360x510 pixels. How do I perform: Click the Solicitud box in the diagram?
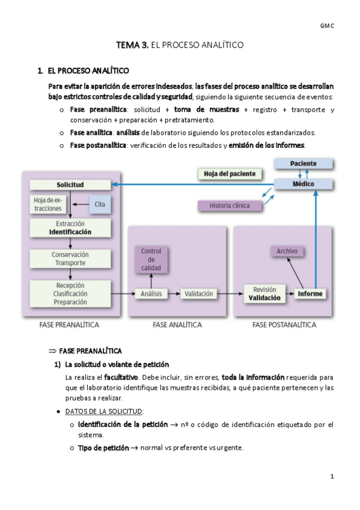click(70, 185)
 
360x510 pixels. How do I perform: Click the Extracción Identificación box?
click(70, 227)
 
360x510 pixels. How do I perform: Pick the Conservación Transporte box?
click(70, 259)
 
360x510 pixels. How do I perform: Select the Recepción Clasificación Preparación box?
click(70, 293)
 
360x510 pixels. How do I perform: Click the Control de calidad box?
click(151, 259)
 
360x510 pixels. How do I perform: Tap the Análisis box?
click(151, 294)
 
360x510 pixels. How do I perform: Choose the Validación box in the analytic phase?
click(199, 294)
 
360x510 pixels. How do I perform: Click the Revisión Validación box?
click(264, 293)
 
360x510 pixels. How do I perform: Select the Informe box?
click(310, 294)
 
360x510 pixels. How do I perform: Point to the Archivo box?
click(287, 251)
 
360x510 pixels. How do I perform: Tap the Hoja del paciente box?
click(230, 174)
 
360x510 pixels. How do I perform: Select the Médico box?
click(304, 184)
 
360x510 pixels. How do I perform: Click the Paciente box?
click(304, 164)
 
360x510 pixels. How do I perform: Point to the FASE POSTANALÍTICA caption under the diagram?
click(284, 325)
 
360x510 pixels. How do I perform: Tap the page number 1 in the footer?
click(331, 476)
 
